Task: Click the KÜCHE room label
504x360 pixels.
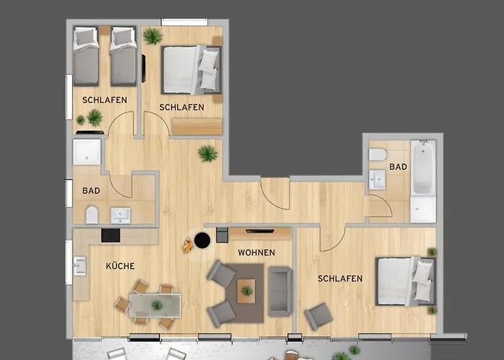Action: coord(120,266)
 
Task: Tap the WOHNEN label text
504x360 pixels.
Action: coord(256,253)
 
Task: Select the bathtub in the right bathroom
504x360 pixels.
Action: coord(423,167)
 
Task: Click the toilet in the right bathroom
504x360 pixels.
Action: coord(377,154)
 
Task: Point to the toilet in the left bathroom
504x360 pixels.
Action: coord(92,215)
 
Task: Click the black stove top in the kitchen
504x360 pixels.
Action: coord(111,235)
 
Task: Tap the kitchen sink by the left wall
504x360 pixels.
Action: coord(80,266)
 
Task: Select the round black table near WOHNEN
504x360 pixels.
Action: coord(202,240)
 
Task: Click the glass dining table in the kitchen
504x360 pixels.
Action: coord(155,305)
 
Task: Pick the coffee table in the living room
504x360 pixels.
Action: coord(246,291)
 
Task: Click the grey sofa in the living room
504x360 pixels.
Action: coord(280,291)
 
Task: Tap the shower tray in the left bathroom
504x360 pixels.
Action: coord(87,152)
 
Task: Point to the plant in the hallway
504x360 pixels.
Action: coord(207,153)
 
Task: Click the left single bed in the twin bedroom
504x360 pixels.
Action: coord(86,57)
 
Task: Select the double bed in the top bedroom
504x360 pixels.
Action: coord(192,70)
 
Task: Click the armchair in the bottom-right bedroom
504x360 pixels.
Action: coord(318,316)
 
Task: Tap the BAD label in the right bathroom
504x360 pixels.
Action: coord(398,167)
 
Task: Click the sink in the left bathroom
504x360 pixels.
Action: coord(120,215)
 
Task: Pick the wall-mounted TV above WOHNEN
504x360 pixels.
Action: coord(260,231)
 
